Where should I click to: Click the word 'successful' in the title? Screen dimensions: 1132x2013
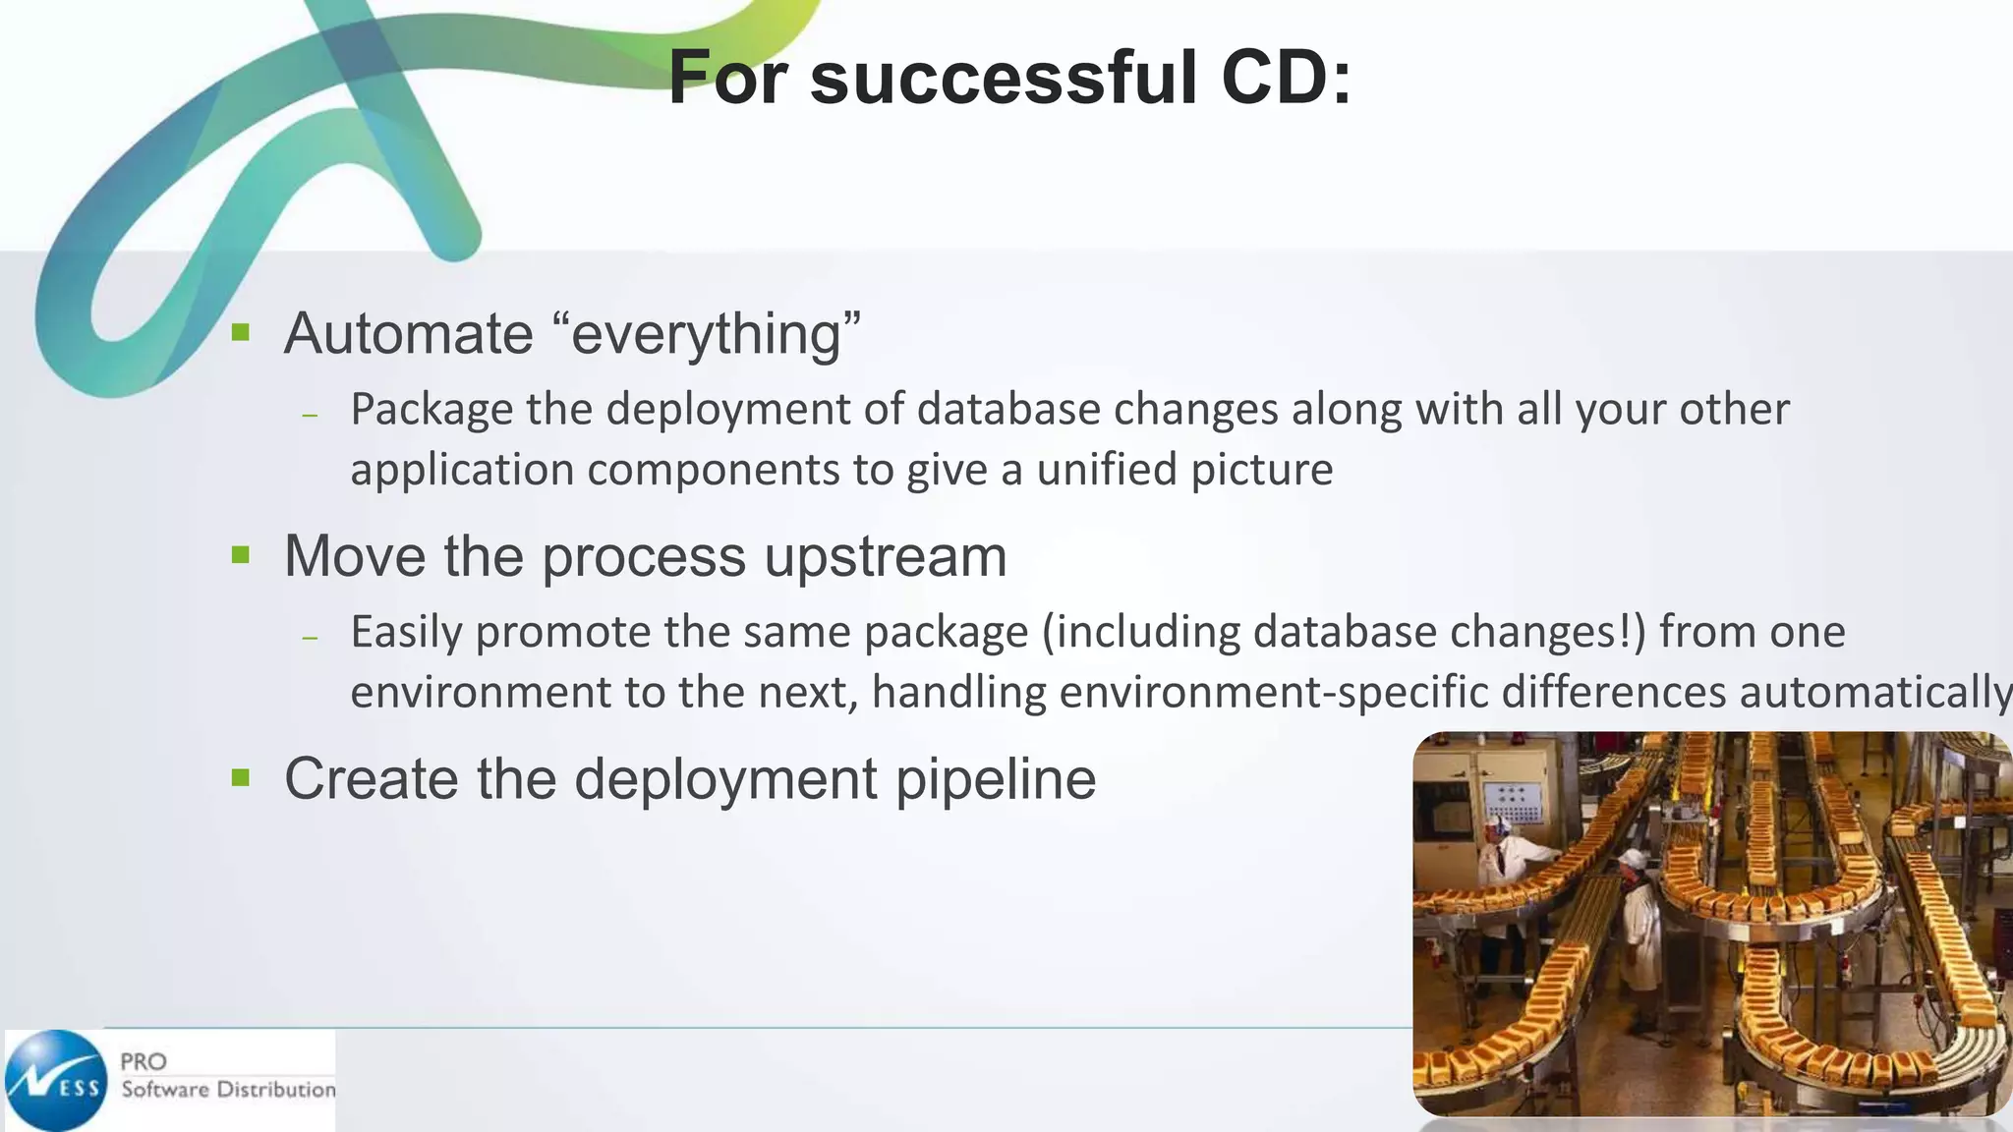(1003, 79)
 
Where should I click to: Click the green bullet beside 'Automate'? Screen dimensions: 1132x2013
(241, 332)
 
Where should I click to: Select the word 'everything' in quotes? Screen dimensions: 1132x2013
(706, 335)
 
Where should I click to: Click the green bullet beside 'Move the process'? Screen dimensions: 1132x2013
(241, 555)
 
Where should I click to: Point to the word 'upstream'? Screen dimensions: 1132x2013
(885, 558)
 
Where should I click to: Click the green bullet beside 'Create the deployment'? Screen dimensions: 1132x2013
(241, 778)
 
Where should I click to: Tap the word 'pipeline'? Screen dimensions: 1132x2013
(995, 781)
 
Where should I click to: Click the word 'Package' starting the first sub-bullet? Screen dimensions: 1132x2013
(431, 410)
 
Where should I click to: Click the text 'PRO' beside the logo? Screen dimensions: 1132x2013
(144, 1061)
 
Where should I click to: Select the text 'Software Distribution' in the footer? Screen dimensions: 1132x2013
(228, 1090)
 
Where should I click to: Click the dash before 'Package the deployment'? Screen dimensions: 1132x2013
(311, 415)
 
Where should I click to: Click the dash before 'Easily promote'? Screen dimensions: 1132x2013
(311, 638)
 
